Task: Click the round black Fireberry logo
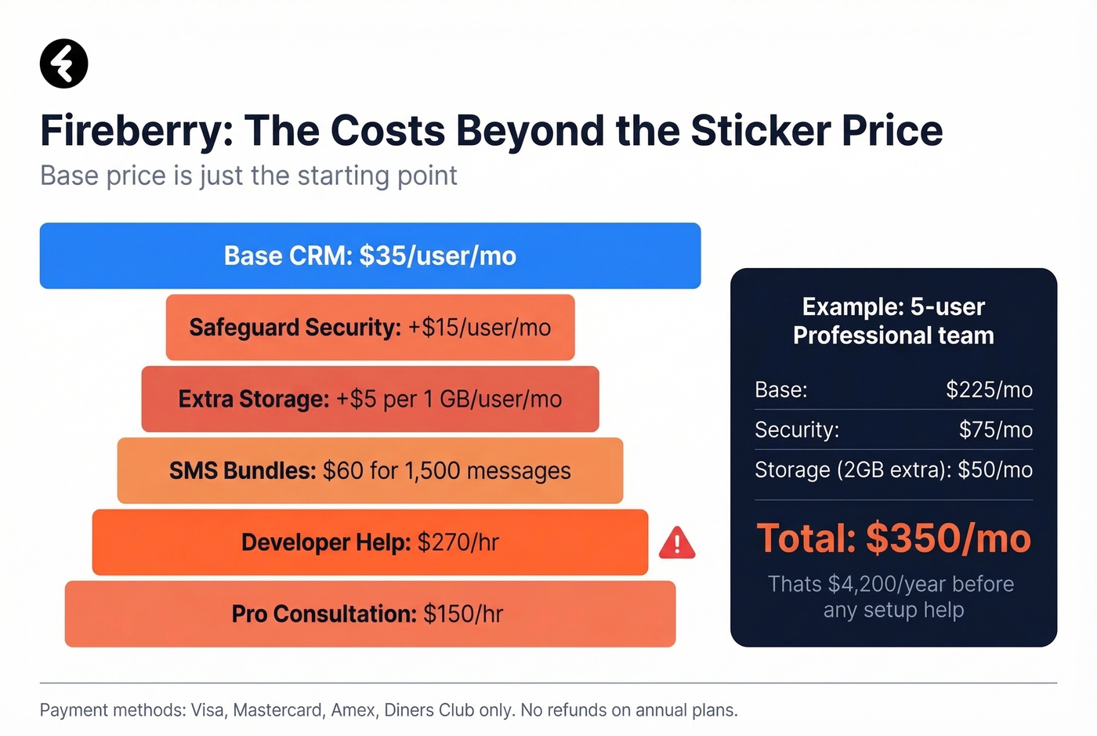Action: [63, 63]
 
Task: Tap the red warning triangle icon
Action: [677, 543]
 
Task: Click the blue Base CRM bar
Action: [370, 256]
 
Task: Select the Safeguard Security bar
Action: [370, 328]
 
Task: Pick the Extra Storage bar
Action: [370, 399]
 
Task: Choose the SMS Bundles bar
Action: [370, 470]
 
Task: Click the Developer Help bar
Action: [370, 542]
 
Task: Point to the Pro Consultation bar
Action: [370, 614]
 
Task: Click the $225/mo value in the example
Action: [989, 390]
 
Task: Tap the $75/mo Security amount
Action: [995, 430]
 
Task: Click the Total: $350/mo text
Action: [893, 538]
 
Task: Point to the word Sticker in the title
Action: [759, 131]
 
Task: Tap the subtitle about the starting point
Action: [248, 176]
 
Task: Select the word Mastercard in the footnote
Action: [277, 710]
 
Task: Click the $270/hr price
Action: [458, 542]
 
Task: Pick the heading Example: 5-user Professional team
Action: [893, 321]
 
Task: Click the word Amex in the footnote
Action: [353, 710]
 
